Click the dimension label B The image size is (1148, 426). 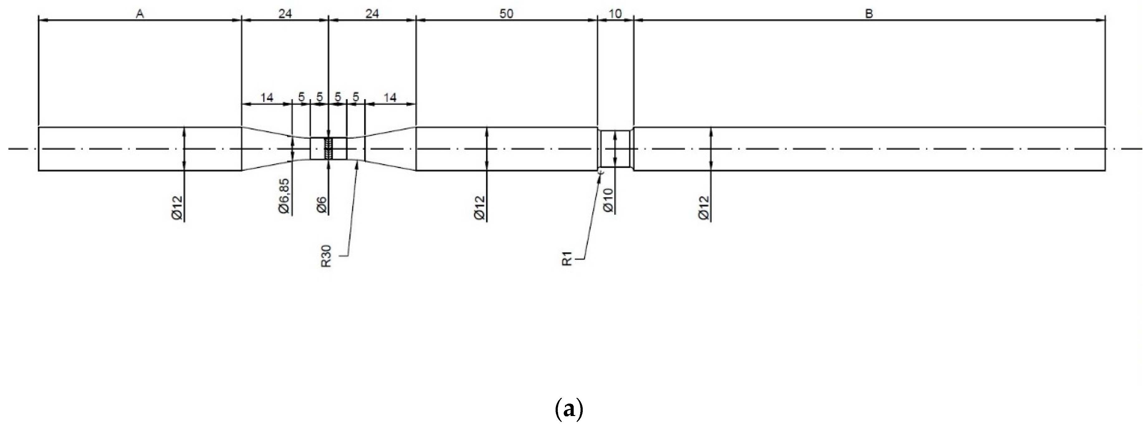point(869,14)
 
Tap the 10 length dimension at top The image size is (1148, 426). point(615,14)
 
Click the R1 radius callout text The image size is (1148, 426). point(567,259)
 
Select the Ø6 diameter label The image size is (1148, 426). point(321,205)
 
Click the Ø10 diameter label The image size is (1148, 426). point(608,201)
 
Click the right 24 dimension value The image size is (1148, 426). point(372,14)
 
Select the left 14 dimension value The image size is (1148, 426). point(267,98)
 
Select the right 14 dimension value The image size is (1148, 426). point(390,98)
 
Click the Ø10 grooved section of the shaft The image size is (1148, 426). point(615,149)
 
